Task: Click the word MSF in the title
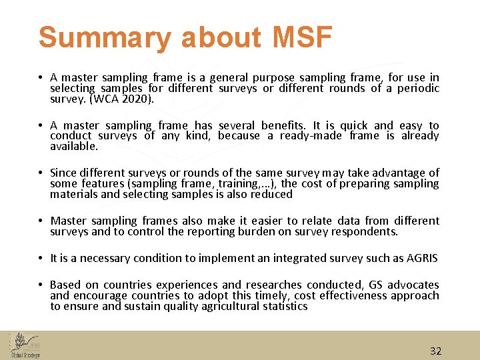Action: (302, 38)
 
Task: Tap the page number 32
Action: (435, 351)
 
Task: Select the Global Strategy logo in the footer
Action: (25, 345)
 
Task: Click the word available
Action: (74, 145)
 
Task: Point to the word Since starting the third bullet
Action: (65, 173)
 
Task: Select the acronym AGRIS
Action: (419, 258)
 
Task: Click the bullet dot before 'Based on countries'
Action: (41, 285)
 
